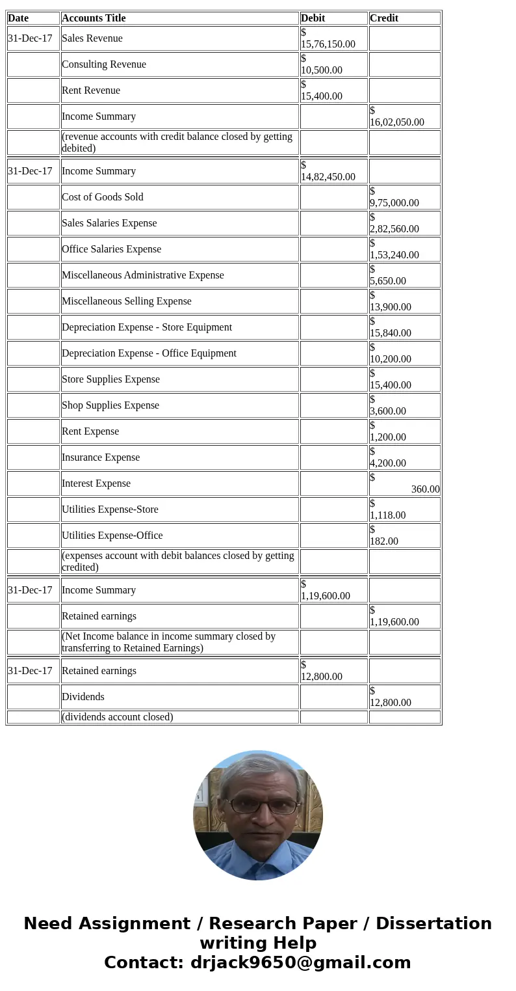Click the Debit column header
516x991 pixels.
point(313,18)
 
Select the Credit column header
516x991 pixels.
point(384,18)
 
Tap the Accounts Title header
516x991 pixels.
point(94,18)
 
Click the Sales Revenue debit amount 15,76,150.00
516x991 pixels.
point(328,44)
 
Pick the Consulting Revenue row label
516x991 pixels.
point(104,64)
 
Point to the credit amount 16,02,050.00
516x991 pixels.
point(397,122)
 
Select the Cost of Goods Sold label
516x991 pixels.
point(103,197)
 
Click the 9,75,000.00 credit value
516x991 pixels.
point(394,202)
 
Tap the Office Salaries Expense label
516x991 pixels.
point(111,249)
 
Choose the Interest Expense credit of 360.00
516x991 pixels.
point(425,489)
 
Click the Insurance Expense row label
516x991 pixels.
point(101,457)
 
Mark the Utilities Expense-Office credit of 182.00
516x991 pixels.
point(384,541)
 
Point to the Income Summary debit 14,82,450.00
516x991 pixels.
point(328,176)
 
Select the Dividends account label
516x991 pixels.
point(83,697)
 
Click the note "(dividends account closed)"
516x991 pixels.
point(118,717)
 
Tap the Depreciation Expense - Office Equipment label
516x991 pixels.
point(149,353)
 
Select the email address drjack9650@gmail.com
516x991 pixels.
point(301,962)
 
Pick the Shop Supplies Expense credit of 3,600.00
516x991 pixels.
point(388,411)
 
